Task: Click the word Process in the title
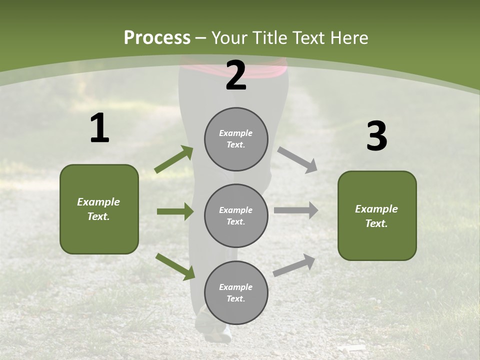point(157,37)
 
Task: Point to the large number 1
point(99,128)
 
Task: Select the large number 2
point(236,75)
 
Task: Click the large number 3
point(376,136)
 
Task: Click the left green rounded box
point(99,209)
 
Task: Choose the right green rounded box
point(377,216)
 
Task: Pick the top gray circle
point(236,139)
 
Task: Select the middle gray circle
point(236,215)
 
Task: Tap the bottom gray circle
point(236,292)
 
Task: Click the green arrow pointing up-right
point(174,159)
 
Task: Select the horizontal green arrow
point(175,211)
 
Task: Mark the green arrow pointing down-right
point(175,266)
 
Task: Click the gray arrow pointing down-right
point(297,160)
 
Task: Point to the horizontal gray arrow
point(296,210)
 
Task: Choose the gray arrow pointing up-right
point(294,265)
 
